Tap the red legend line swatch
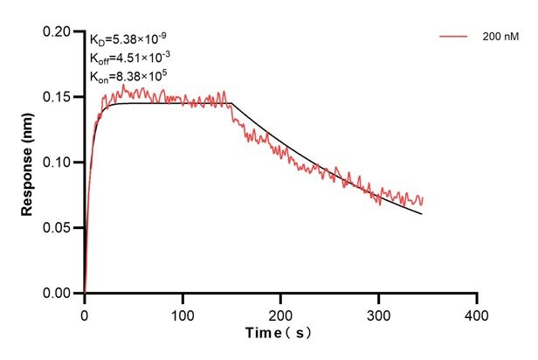click(454, 38)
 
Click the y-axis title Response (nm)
click(29, 163)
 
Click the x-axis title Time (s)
click(279, 333)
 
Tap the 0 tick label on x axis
click(85, 312)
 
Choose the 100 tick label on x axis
click(183, 312)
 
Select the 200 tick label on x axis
click(280, 312)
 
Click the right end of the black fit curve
click(422, 214)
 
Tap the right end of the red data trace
click(423, 200)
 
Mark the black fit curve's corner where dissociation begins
click(231, 104)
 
